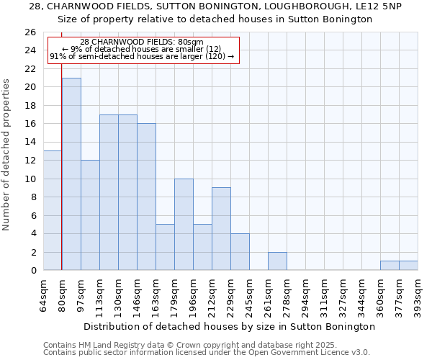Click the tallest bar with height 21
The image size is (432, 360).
(x=71, y=174)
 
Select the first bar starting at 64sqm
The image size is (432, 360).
(x=53, y=210)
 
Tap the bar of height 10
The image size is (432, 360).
(x=184, y=224)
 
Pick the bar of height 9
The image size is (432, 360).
(x=221, y=228)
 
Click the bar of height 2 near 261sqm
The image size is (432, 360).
(x=277, y=261)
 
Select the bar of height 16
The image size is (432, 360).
(x=146, y=197)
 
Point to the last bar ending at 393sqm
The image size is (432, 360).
(x=408, y=266)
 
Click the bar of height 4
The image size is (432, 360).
(x=240, y=251)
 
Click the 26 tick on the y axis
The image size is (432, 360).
(x=30, y=32)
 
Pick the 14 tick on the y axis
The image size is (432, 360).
(x=30, y=142)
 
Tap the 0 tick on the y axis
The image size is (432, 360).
(x=32, y=270)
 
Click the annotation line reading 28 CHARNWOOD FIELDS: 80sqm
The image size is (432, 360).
(x=142, y=42)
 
